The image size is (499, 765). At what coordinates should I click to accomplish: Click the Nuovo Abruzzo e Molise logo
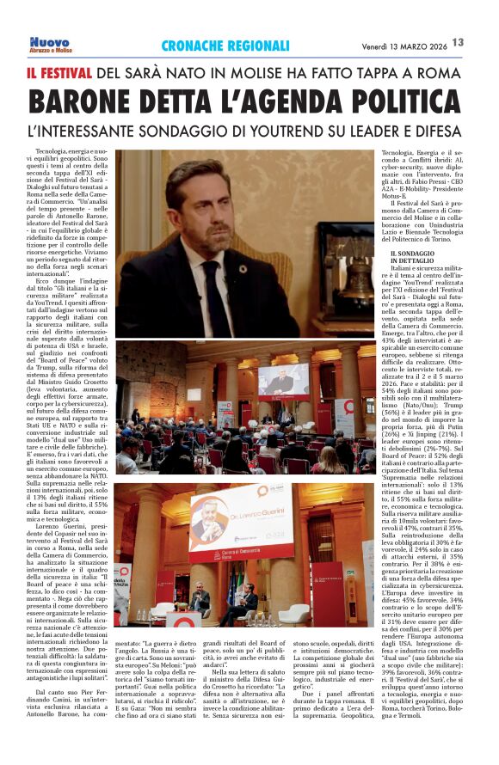pos(51,44)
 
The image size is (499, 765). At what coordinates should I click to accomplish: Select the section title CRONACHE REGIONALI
pos(225,46)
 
